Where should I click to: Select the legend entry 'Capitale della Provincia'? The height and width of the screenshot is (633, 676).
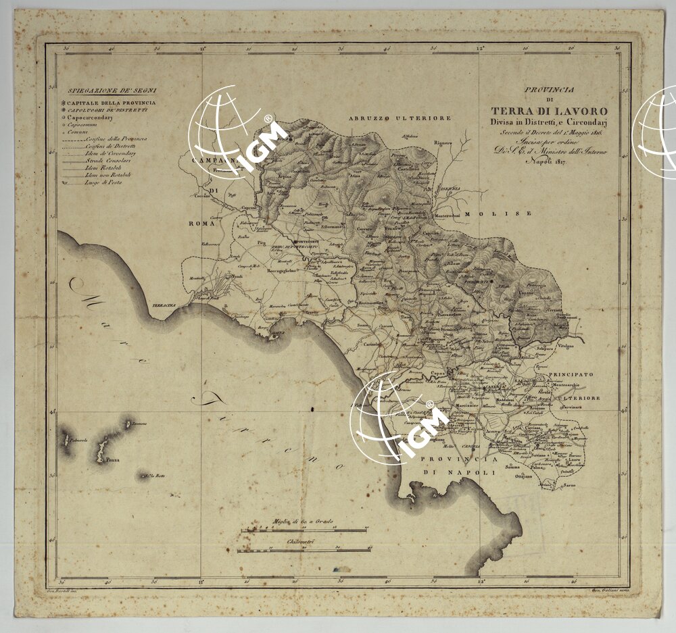click(112, 102)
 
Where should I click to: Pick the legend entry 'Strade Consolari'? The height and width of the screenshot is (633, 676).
click(104, 160)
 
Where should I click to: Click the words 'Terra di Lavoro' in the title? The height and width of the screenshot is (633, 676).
click(549, 111)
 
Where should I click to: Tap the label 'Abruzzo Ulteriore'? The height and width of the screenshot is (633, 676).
click(400, 118)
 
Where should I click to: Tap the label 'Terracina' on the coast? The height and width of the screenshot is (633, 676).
click(164, 305)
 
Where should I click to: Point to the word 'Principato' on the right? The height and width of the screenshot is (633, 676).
click(571, 374)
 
